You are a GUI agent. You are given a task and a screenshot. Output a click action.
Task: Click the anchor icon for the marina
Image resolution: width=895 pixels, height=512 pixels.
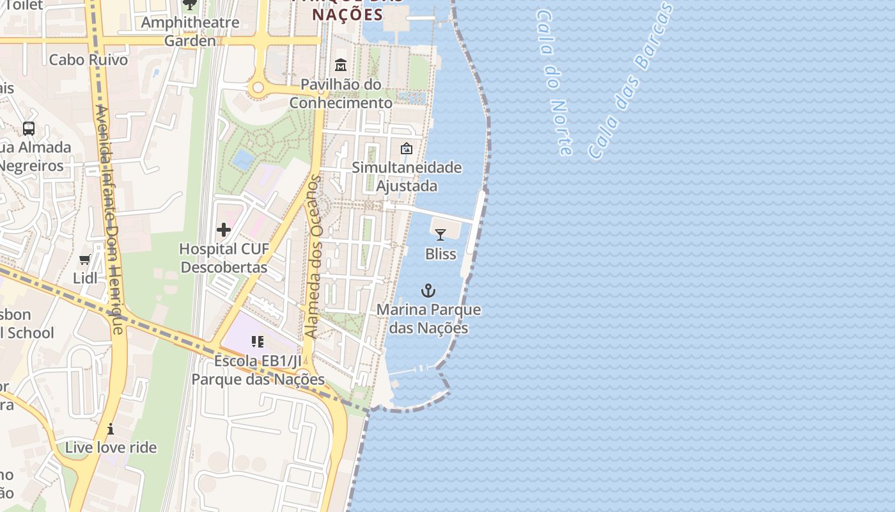tap(428, 291)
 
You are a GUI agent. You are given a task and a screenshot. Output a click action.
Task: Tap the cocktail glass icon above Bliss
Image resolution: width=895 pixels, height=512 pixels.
tap(440, 235)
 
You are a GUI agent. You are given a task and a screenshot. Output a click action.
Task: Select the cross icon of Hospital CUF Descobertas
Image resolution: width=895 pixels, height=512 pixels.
tap(224, 229)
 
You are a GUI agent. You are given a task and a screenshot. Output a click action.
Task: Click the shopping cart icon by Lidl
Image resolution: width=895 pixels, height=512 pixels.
tap(84, 259)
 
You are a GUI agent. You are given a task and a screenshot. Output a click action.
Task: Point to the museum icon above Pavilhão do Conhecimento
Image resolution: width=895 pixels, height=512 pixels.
tap(341, 65)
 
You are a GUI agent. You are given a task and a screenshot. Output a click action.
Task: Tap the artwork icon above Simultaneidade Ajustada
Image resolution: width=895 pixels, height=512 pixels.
tap(407, 149)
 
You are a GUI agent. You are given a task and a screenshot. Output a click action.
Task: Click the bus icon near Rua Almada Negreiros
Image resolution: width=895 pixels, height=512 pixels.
tap(29, 128)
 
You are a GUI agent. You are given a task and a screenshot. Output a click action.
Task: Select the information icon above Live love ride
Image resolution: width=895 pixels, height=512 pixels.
tap(111, 428)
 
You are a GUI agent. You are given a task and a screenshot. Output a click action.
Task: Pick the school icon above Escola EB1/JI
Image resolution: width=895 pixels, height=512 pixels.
tap(258, 342)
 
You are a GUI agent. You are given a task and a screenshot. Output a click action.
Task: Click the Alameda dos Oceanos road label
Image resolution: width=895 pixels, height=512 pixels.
tap(313, 256)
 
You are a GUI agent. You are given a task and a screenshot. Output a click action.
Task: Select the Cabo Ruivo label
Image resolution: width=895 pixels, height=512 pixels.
tap(88, 60)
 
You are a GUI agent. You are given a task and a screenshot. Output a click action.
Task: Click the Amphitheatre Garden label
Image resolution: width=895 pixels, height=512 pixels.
tap(190, 31)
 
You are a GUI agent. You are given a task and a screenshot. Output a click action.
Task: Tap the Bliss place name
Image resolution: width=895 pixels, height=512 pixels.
tap(441, 254)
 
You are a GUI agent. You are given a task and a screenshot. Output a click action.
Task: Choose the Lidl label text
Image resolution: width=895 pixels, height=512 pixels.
tap(85, 278)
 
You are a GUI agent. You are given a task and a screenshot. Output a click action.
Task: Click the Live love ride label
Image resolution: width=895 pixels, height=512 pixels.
tap(111, 447)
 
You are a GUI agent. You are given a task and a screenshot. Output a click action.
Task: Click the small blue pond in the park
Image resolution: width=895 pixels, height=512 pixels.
tap(243, 159)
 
